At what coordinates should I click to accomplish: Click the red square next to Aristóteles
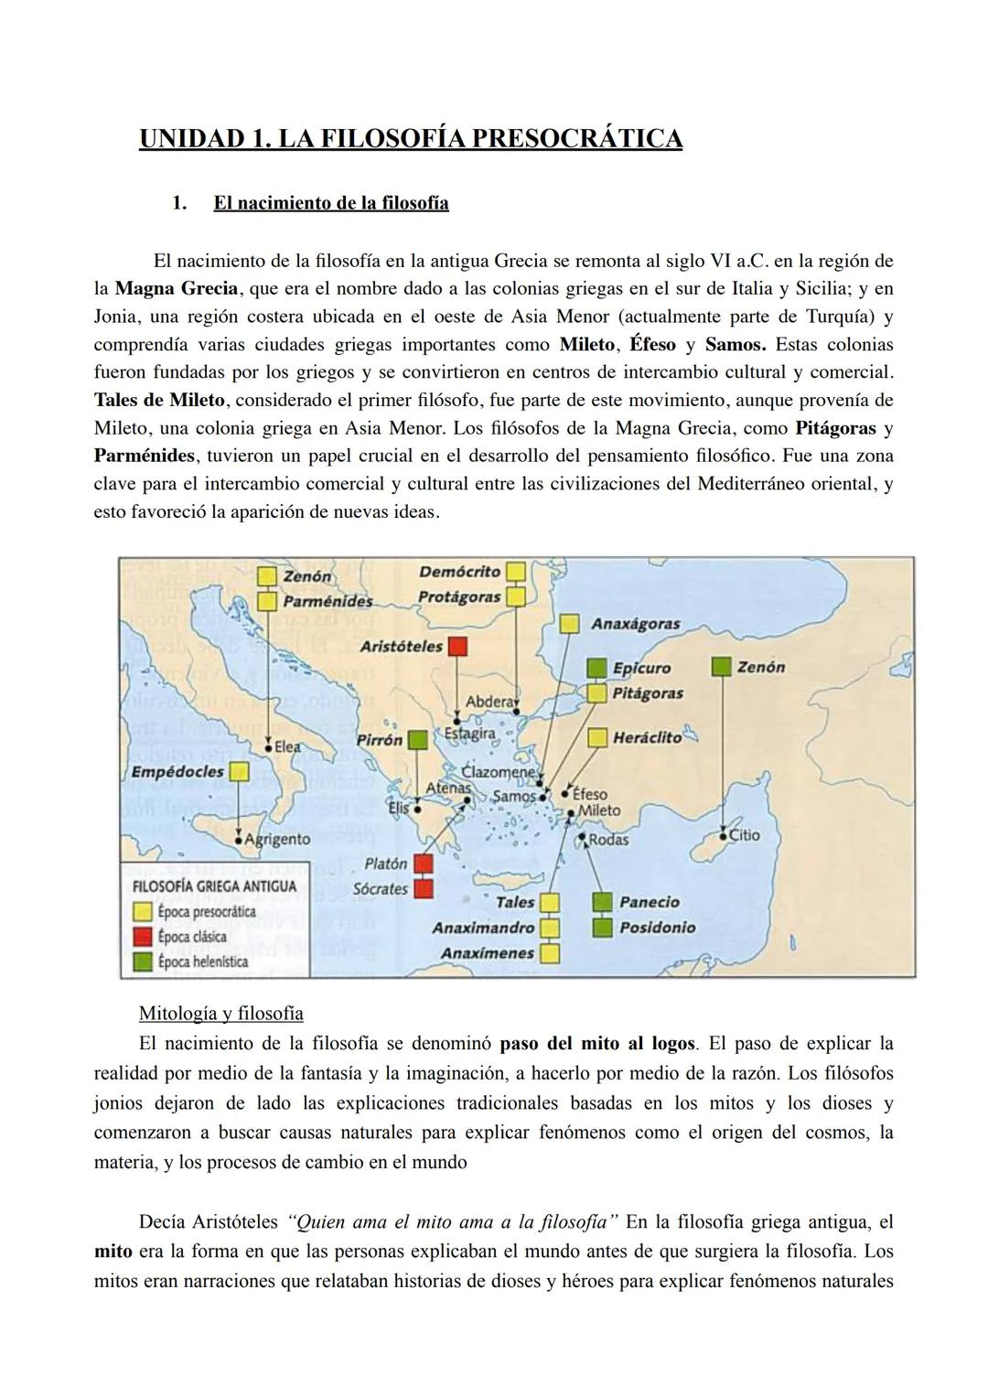[x=456, y=646]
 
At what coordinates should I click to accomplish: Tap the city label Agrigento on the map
[x=278, y=839]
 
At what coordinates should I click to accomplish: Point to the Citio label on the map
[x=745, y=834]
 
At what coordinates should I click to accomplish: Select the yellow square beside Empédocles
[x=239, y=772]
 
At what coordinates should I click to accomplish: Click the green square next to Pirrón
[x=417, y=739]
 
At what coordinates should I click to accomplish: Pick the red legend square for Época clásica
[x=143, y=937]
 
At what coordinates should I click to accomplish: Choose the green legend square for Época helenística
[x=143, y=962]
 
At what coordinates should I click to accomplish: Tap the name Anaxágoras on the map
[x=636, y=624]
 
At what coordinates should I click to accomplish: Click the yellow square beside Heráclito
[x=597, y=737]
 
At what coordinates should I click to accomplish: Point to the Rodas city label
[x=608, y=839]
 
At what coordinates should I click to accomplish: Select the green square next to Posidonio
[x=601, y=927]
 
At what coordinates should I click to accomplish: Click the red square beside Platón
[x=423, y=863]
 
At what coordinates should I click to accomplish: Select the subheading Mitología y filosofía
[x=220, y=1014]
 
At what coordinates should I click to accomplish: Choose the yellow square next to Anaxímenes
[x=549, y=952]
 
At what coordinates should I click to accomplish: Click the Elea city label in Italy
[x=287, y=747]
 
